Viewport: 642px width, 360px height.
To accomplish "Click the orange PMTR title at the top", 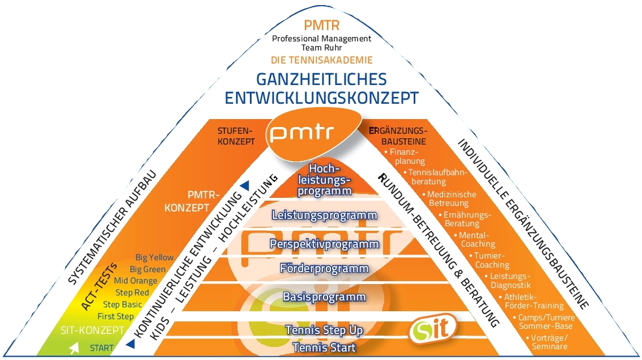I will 321,26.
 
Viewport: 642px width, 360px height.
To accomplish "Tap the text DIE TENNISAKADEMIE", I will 321,59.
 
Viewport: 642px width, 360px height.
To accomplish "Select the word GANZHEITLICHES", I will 321,79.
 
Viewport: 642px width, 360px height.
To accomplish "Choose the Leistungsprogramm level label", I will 325,215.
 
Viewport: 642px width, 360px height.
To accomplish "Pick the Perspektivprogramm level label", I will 325,244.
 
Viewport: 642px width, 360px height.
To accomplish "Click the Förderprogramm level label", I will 325,268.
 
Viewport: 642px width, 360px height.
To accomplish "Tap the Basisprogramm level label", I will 325,297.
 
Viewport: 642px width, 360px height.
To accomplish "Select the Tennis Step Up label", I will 324,330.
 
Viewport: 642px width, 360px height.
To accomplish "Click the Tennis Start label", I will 324,348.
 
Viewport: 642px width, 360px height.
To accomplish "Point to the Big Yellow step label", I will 155,257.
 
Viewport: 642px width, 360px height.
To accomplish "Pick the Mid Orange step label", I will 135,281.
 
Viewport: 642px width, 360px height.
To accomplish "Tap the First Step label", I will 116,316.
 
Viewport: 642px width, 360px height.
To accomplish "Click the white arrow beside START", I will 74,348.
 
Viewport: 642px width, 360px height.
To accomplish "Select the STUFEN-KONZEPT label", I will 236,136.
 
